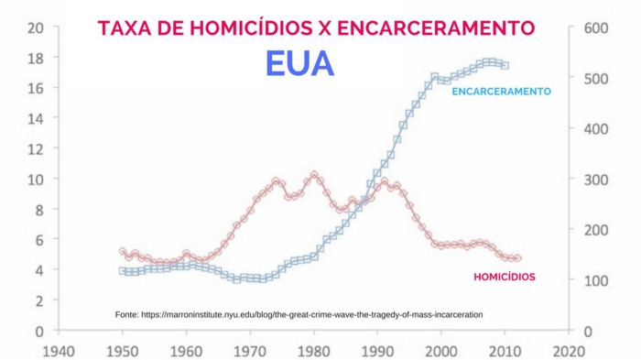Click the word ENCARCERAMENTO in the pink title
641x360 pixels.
coord(436,28)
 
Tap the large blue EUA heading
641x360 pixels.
coord(299,64)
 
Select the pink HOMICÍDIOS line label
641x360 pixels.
coord(504,276)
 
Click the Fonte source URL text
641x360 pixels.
coord(299,314)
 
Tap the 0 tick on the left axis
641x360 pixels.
coord(40,331)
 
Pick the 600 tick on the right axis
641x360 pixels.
coord(583,28)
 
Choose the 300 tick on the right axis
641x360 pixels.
coord(583,180)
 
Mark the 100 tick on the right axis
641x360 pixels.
coord(583,280)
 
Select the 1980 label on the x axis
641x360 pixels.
coord(313,350)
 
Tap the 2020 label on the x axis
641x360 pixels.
coord(569,350)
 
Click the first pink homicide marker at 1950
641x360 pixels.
coord(123,251)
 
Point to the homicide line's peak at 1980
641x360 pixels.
coord(314,174)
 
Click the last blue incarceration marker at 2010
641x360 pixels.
coord(505,66)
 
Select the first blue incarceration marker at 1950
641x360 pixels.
coord(123,271)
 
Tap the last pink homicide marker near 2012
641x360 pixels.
coord(517,259)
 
